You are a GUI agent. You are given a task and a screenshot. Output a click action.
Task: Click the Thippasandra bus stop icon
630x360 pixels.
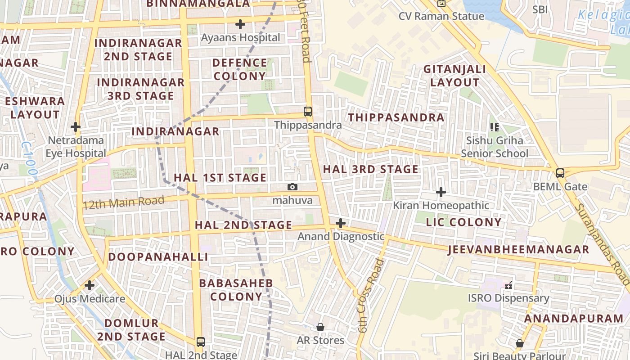coord(308,112)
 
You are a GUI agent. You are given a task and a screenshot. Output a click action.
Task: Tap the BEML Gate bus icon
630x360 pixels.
coord(560,173)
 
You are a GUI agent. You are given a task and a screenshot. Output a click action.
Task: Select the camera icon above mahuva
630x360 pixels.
coord(292,187)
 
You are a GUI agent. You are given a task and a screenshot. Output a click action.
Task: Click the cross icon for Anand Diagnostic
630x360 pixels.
coord(341,223)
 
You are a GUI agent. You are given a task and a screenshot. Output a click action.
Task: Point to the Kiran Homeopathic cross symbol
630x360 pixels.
coord(441,193)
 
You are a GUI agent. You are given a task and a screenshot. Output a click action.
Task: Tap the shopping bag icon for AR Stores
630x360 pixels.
coord(320,327)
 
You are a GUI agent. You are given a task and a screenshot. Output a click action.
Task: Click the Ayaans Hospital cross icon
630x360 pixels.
coord(240,24)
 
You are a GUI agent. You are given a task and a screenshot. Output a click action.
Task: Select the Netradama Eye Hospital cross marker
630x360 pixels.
coord(76,127)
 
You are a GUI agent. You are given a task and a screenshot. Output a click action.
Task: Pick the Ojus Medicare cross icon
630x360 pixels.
coord(90,285)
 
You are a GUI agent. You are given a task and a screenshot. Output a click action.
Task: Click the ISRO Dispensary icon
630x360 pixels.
coord(508,285)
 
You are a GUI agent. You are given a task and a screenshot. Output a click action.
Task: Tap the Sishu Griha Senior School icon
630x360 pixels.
coord(495,127)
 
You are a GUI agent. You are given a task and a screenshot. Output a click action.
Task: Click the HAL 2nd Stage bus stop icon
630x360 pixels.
coord(201,342)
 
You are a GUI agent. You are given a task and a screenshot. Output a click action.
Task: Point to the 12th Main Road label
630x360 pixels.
coord(124,202)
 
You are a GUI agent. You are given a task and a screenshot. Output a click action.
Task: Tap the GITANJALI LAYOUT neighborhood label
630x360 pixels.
coord(454,76)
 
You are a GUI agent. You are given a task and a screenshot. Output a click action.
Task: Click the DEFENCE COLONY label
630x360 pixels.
coord(239,69)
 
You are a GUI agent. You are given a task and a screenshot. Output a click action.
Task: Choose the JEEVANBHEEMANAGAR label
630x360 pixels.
coord(518,250)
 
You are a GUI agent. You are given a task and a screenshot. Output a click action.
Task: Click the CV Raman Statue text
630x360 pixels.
coord(441,16)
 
